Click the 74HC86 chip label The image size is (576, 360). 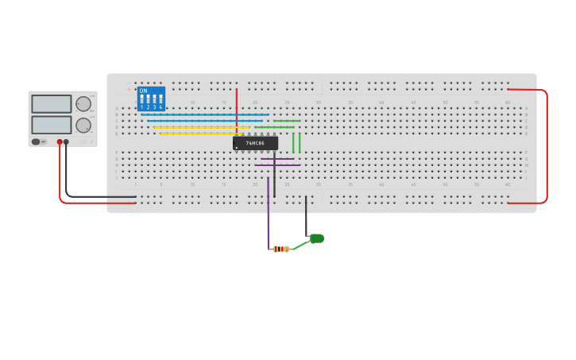256,143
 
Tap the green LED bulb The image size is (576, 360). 317,238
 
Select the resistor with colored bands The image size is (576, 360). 280,249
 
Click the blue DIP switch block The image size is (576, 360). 151,99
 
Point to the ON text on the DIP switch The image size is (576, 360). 143,91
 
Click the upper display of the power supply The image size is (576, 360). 52,103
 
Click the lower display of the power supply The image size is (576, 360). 52,125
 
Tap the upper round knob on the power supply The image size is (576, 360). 83,103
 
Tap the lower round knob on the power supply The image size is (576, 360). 83,125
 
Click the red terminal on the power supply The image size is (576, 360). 60,142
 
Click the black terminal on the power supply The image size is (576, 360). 66,142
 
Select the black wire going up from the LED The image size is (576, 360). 306,215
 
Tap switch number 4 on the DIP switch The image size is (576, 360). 160,102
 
